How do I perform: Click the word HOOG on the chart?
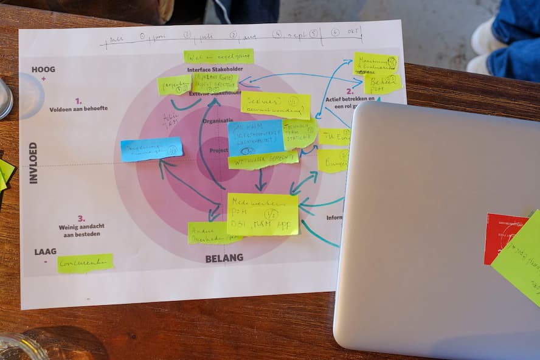[x=43, y=69]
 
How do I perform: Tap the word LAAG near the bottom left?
[x=46, y=251]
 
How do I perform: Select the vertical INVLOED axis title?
[x=33, y=162]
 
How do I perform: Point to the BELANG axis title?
[x=224, y=258]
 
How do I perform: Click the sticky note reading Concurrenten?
[x=85, y=263]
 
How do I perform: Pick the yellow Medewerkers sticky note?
[x=263, y=214]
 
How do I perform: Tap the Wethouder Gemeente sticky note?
[x=263, y=160]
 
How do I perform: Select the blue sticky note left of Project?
[x=151, y=149]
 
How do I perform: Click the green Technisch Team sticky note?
[x=300, y=133]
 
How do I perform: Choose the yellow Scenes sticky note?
[x=275, y=105]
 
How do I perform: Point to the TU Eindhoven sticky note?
[x=334, y=137]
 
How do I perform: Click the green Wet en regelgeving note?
[x=219, y=57]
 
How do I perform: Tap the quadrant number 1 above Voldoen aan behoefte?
[x=78, y=101]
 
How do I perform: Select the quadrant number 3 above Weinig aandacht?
[x=81, y=218]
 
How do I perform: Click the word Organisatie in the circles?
[x=218, y=121]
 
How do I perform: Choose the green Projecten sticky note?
[x=174, y=85]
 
